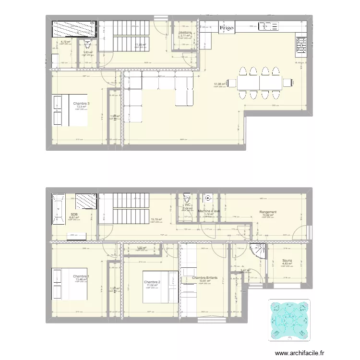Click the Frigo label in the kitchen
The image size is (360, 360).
[227, 28]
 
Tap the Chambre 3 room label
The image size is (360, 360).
[81, 103]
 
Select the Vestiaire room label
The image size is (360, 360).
[185, 33]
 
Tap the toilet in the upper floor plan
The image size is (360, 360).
[87, 45]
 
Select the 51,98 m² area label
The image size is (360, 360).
[220, 84]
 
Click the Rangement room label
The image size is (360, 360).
[267, 212]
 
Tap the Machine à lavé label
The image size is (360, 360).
[209, 211]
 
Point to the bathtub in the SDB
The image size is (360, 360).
[59, 208]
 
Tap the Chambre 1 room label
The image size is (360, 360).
[81, 276]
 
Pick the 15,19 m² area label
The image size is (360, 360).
[156, 220]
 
